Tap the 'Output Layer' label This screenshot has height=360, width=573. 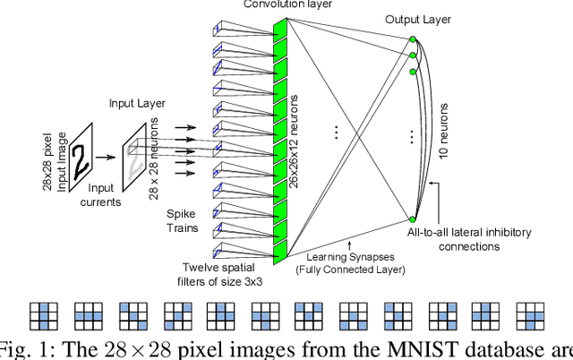[x=418, y=19]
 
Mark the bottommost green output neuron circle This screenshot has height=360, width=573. [x=413, y=219]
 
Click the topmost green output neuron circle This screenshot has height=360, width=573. [x=413, y=39]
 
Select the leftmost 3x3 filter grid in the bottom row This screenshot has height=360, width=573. [x=42, y=316]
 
